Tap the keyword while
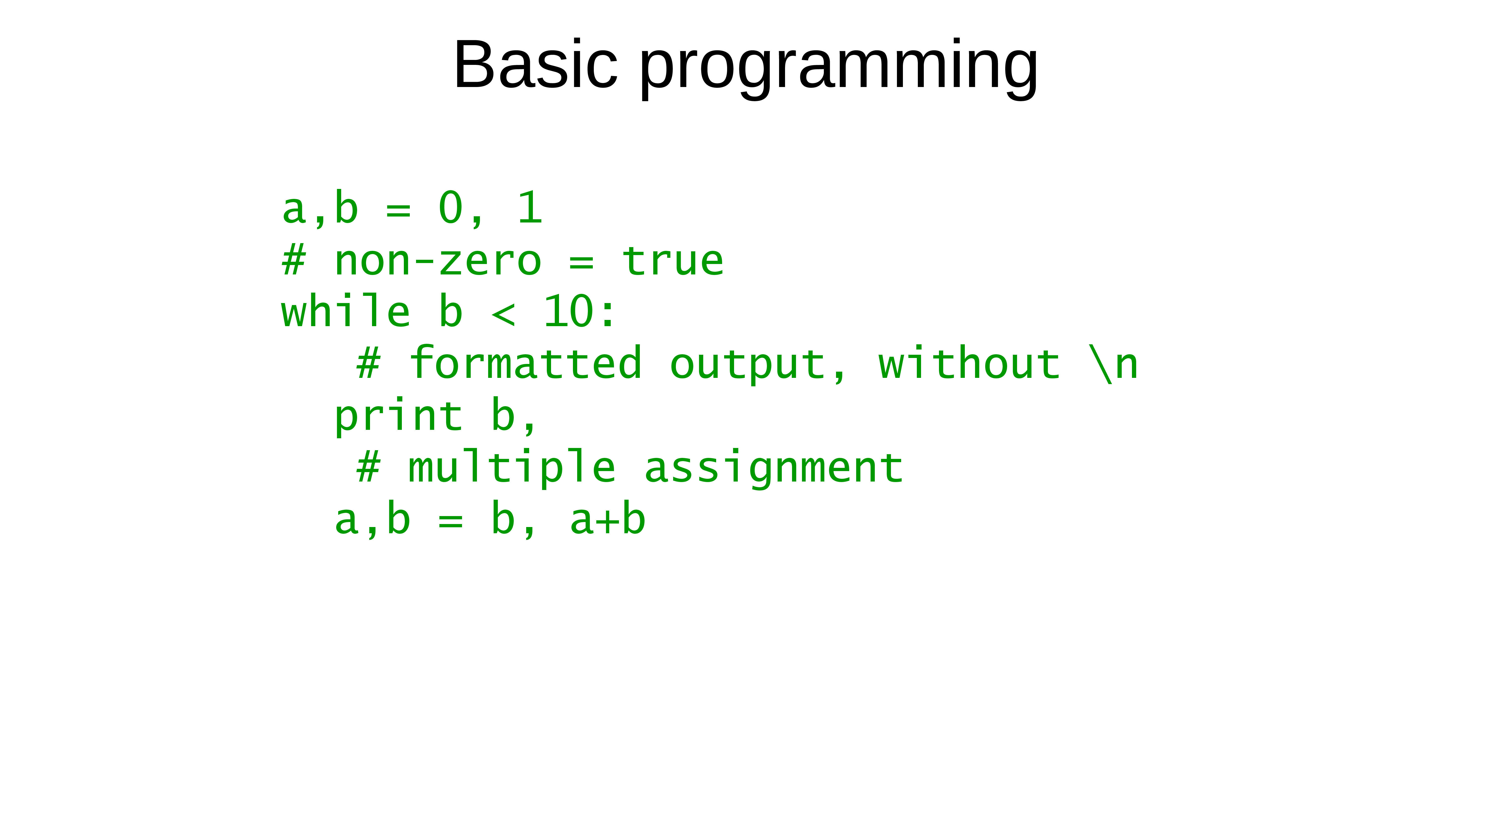point(346,311)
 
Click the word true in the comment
point(672,261)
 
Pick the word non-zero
point(438,261)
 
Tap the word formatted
point(525,363)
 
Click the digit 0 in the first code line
point(451,207)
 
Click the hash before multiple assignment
point(368,467)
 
